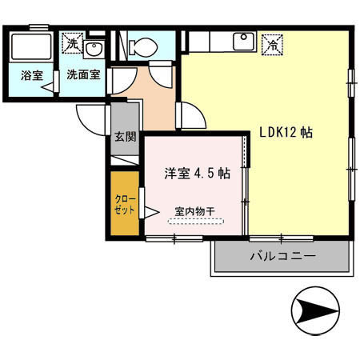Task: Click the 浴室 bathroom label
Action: click(x=32, y=76)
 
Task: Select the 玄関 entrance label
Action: click(x=124, y=137)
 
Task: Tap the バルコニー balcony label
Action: click(x=282, y=258)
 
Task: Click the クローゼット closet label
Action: click(x=124, y=203)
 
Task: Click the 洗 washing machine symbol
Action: click(x=74, y=43)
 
